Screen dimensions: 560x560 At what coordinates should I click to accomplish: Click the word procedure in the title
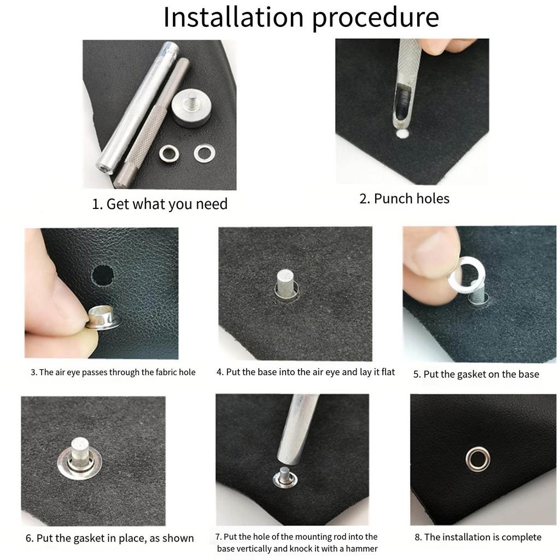(376, 18)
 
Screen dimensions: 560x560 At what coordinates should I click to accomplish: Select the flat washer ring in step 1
(204, 153)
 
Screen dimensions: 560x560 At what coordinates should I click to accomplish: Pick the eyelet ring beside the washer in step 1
(170, 153)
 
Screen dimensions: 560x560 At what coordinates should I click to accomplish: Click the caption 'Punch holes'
(404, 199)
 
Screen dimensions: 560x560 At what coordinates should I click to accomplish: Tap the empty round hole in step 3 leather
(103, 275)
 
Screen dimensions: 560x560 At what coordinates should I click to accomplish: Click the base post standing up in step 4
(286, 283)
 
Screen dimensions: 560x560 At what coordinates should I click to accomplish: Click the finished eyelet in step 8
(477, 459)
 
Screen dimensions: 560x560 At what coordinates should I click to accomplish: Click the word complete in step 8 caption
(520, 537)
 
